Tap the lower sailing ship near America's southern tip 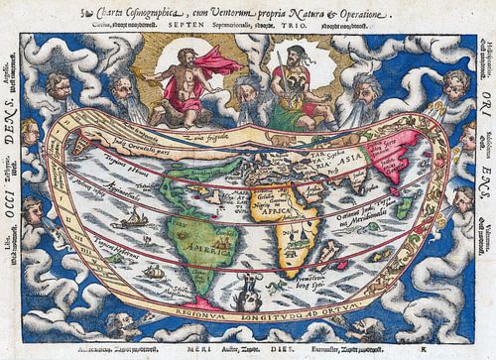click(153, 272)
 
